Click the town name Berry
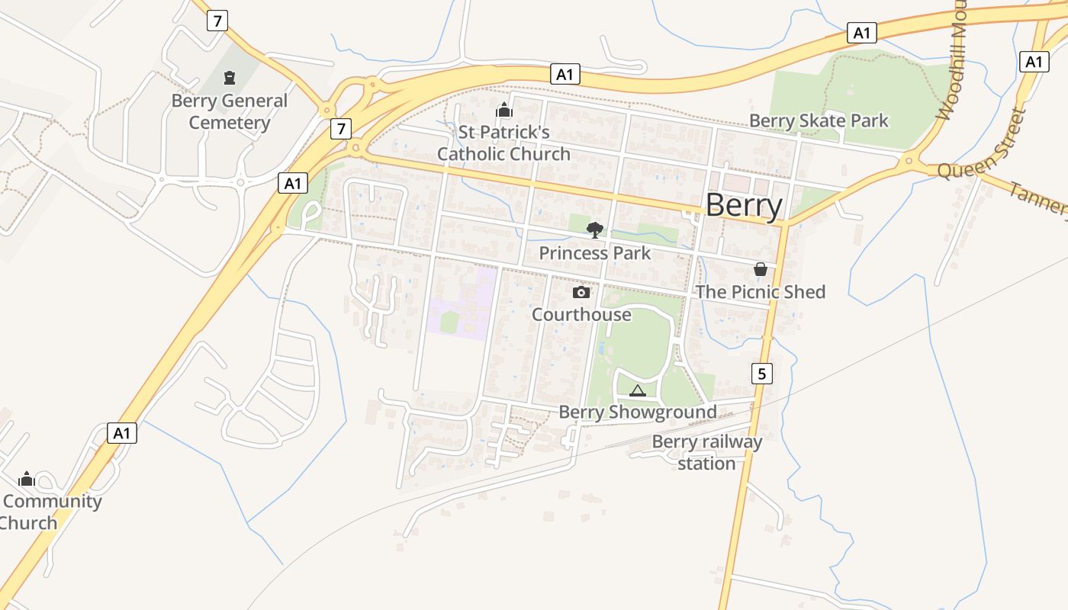pyautogui.click(x=744, y=206)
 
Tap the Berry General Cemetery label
pyautogui.click(x=229, y=112)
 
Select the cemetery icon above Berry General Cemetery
pyautogui.click(x=229, y=77)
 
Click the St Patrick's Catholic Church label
pyautogui.click(x=503, y=143)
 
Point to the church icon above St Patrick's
pyautogui.click(x=503, y=111)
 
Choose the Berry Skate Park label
pyautogui.click(x=819, y=120)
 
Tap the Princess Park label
pyautogui.click(x=595, y=253)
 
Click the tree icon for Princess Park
pyautogui.click(x=595, y=230)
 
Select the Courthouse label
pyautogui.click(x=581, y=314)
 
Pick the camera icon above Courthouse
pyautogui.click(x=581, y=292)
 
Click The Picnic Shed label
pyautogui.click(x=761, y=292)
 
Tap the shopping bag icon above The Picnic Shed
pyautogui.click(x=761, y=269)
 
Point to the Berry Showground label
pyautogui.click(x=638, y=413)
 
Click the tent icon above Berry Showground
pyautogui.click(x=638, y=391)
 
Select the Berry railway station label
pyautogui.click(x=707, y=453)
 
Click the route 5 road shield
pyautogui.click(x=761, y=373)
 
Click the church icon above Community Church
pyautogui.click(x=27, y=479)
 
